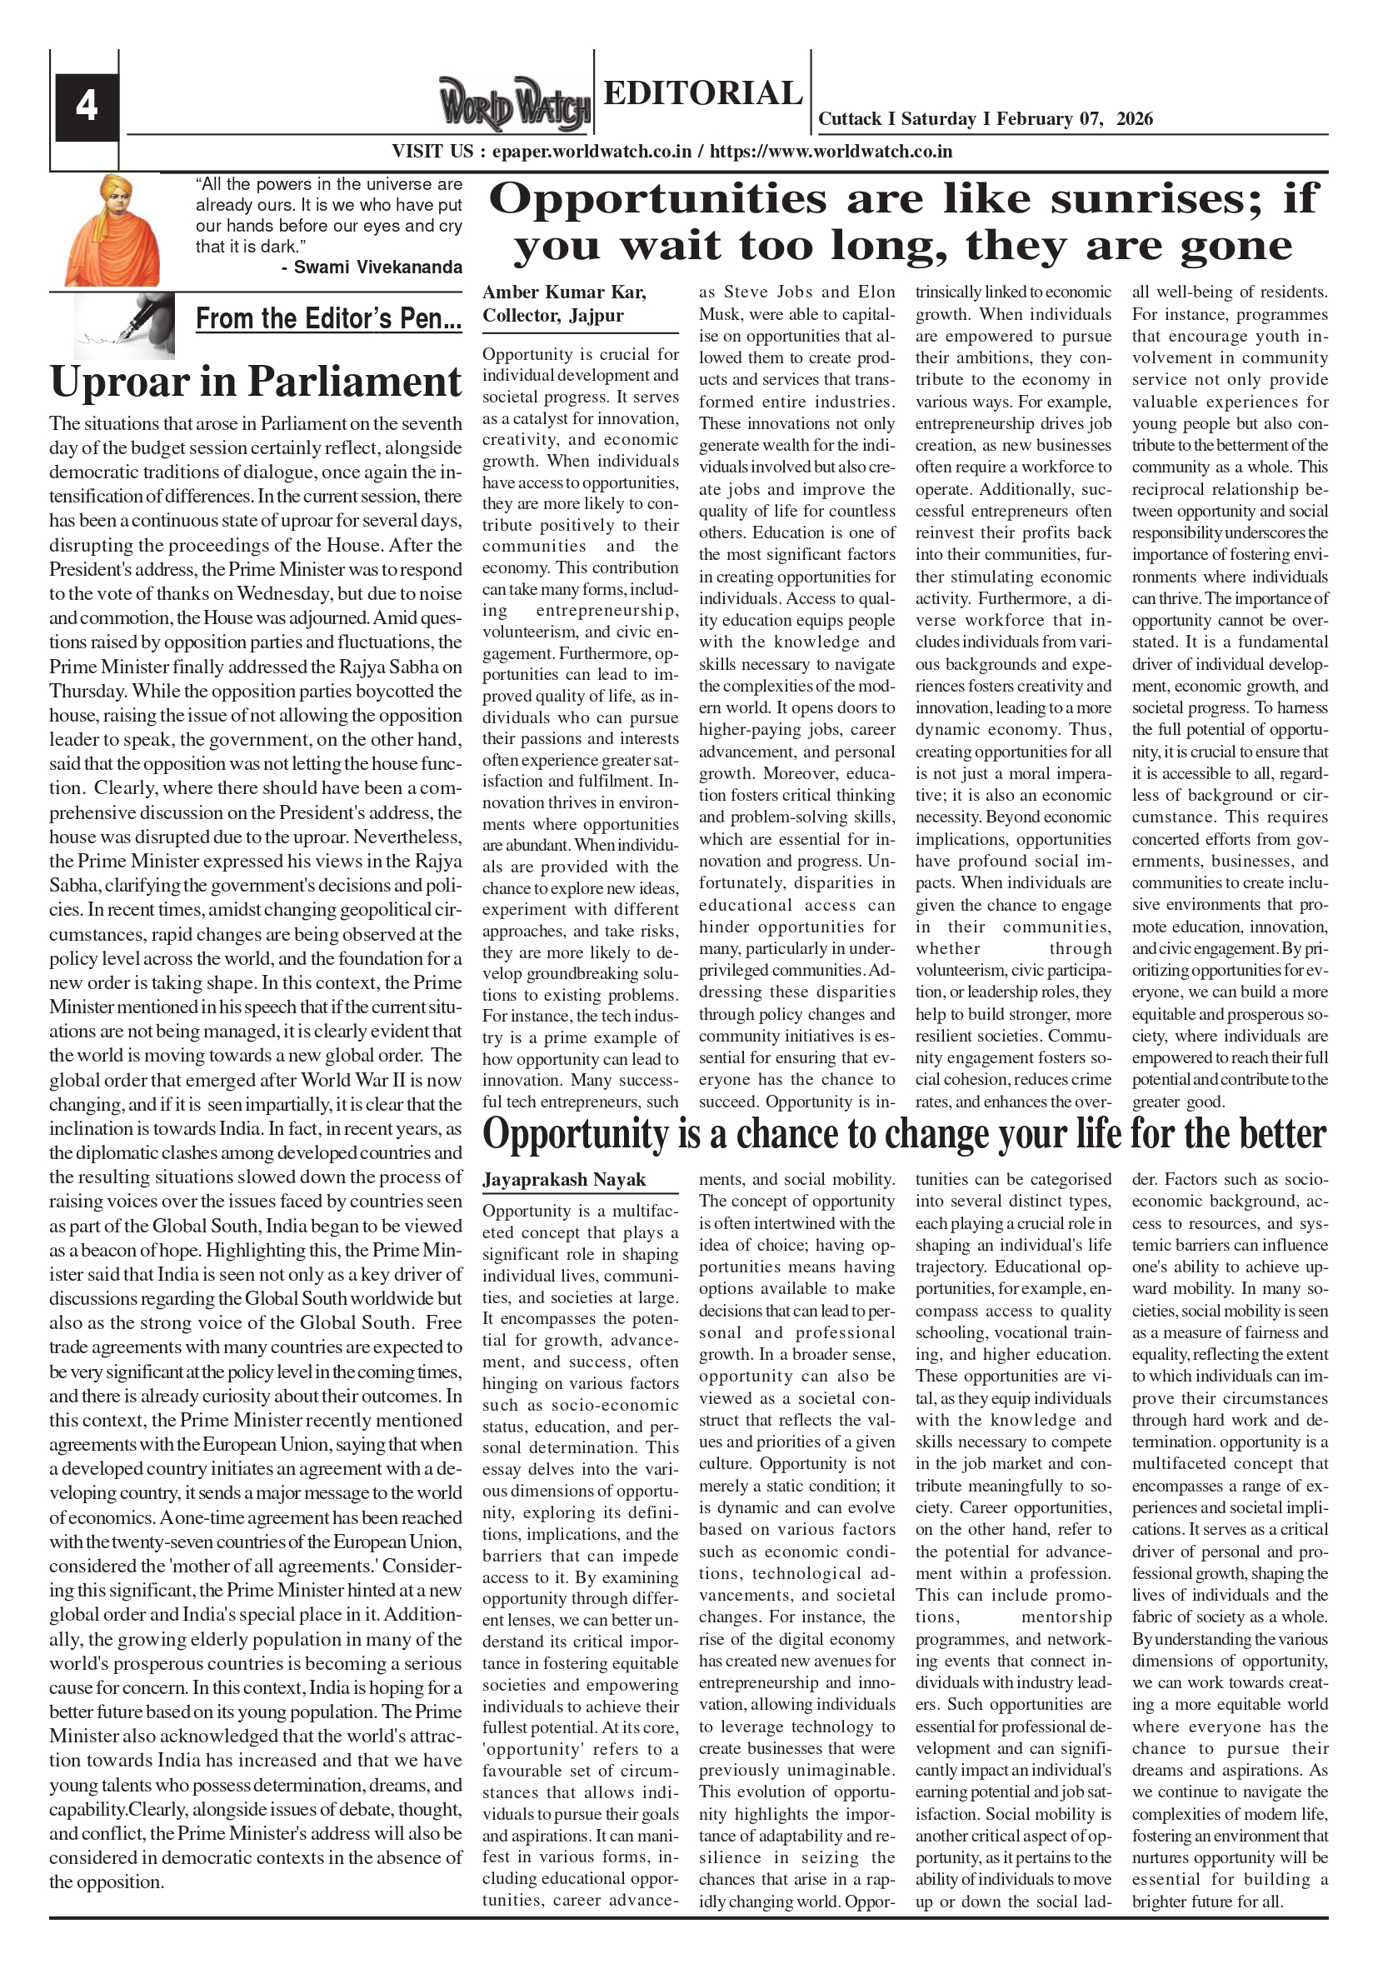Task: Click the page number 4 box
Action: (x=87, y=107)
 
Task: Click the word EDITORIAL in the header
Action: (x=702, y=92)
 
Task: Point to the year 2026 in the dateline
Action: (x=1135, y=118)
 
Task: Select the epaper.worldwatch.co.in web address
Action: (x=592, y=152)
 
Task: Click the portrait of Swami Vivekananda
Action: (x=112, y=231)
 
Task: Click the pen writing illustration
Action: (x=124, y=325)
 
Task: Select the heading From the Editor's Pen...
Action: (x=328, y=319)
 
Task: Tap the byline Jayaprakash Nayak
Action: (x=563, y=1180)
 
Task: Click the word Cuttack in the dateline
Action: (x=850, y=118)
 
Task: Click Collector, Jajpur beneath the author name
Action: (x=552, y=315)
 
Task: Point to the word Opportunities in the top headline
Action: (x=657, y=199)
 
